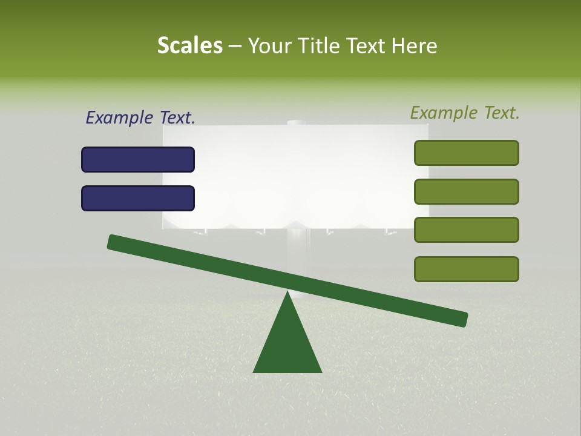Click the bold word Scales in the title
[x=189, y=45]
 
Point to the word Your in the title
[x=270, y=45]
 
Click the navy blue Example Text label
[x=140, y=117]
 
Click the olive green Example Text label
[x=465, y=113]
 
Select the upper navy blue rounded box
[x=138, y=159]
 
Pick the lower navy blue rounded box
[x=138, y=198]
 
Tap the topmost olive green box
[x=467, y=153]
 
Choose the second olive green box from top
[x=467, y=191]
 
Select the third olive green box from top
[x=467, y=230]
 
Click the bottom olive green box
[x=467, y=269]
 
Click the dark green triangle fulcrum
[x=287, y=345]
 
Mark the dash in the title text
[x=235, y=45]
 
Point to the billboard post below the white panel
[x=296, y=254]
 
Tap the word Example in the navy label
[x=118, y=117]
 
